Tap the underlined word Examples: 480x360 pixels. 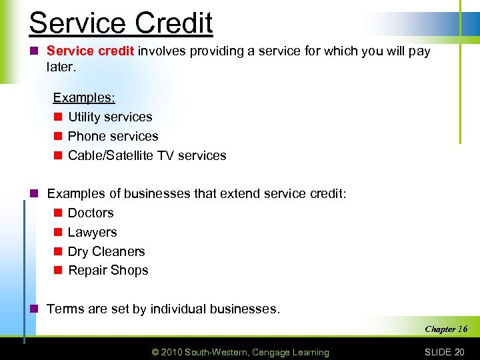pyautogui.click(x=84, y=97)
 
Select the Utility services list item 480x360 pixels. pyautogui.click(x=110, y=117)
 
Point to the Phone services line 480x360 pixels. pyautogui.click(x=113, y=136)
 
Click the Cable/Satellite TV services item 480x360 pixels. pyautogui.click(x=147, y=155)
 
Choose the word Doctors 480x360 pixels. pyautogui.click(x=91, y=213)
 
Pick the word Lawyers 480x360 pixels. pyautogui.click(x=92, y=232)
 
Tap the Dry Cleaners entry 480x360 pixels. pyautogui.click(x=106, y=251)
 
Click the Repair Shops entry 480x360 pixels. pyautogui.click(x=108, y=270)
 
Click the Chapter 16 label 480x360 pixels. pyautogui.click(x=446, y=329)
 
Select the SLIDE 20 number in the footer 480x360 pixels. pyautogui.click(x=443, y=352)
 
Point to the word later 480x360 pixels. pyautogui.click(x=61, y=67)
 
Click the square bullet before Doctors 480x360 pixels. pyautogui.click(x=57, y=213)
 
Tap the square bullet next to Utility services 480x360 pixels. pyautogui.click(x=57, y=117)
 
